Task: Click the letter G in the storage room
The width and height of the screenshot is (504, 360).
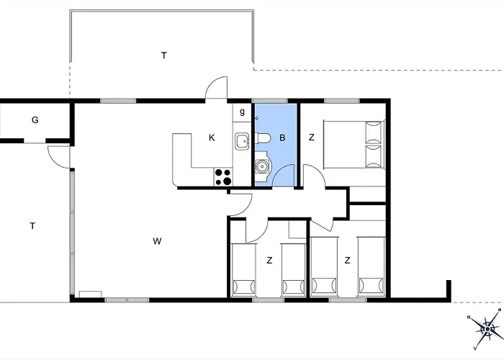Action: pyautogui.click(x=35, y=120)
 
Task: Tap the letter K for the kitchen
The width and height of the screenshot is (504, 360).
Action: pyautogui.click(x=212, y=138)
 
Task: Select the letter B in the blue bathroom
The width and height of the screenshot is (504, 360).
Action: pyautogui.click(x=282, y=138)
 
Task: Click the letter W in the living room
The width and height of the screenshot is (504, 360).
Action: pyautogui.click(x=157, y=240)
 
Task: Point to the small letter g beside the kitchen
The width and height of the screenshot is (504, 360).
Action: pyautogui.click(x=242, y=112)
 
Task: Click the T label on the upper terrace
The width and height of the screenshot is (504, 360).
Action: pyautogui.click(x=164, y=55)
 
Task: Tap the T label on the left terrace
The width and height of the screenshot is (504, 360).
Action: pyautogui.click(x=32, y=226)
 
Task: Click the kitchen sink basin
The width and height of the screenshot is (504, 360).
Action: pyautogui.click(x=242, y=141)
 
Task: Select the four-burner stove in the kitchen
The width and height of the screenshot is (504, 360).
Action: pyautogui.click(x=223, y=177)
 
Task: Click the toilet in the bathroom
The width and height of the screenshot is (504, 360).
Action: pyautogui.click(x=262, y=138)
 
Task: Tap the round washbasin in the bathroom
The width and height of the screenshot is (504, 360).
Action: pyautogui.click(x=262, y=166)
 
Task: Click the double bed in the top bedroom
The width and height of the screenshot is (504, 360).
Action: pyautogui.click(x=354, y=144)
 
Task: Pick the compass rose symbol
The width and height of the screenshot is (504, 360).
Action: pyautogui.click(x=487, y=329)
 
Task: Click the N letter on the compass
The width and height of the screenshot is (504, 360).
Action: pyautogui.click(x=469, y=318)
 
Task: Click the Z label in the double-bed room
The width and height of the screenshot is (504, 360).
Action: pyautogui.click(x=311, y=138)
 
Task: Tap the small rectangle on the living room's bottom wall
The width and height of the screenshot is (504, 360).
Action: pyautogui.click(x=90, y=294)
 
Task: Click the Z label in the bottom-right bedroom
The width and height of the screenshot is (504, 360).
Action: pyautogui.click(x=347, y=260)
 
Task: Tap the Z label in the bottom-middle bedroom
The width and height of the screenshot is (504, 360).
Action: pyautogui.click(x=269, y=260)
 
